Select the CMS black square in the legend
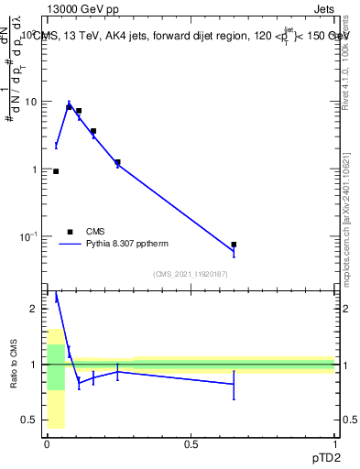(x=70, y=232)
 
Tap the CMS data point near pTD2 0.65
(x=234, y=245)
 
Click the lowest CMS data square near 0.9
(x=56, y=171)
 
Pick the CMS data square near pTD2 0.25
(x=117, y=162)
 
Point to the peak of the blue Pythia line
(x=69, y=104)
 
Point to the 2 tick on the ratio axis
(x=34, y=309)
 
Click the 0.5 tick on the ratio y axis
(x=29, y=420)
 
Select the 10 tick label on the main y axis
(x=29, y=102)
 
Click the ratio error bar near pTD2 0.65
(x=234, y=385)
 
